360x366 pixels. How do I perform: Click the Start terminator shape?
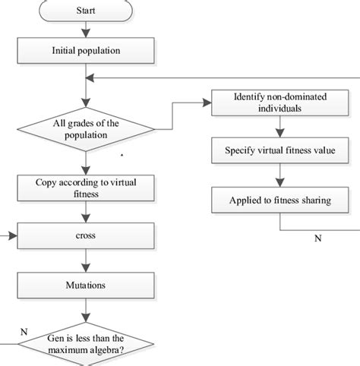(86, 11)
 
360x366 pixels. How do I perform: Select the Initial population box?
(86, 50)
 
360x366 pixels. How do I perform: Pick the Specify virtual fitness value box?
(280, 150)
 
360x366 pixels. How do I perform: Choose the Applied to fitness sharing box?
(280, 200)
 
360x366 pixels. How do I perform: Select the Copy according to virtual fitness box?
(86, 187)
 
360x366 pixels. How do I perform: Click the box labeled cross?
(86, 236)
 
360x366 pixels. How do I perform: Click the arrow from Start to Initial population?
(86, 29)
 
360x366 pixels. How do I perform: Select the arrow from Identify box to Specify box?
(280, 127)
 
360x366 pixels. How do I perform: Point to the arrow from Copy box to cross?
(86, 212)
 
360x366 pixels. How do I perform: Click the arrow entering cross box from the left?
(9, 236)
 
